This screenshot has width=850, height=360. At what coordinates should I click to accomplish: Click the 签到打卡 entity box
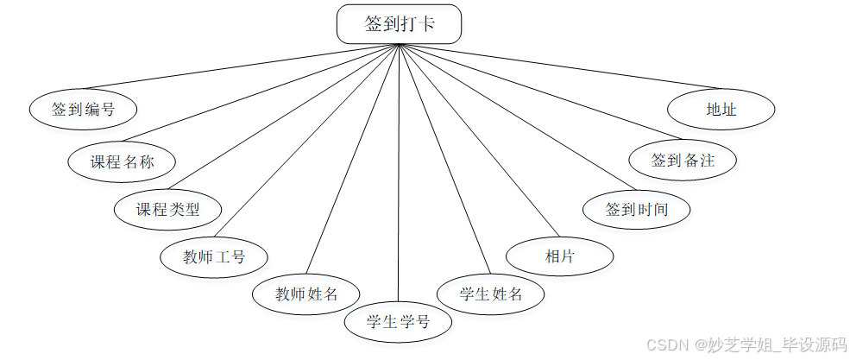tap(399, 24)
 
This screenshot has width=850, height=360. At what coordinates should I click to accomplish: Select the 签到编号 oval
tap(83, 110)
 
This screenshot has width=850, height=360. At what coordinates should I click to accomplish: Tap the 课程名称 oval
tap(122, 161)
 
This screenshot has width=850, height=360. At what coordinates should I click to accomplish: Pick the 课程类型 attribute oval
tap(168, 209)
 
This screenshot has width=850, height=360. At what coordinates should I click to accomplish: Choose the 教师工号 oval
tap(214, 256)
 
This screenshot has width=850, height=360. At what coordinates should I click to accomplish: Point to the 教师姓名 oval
tap(306, 294)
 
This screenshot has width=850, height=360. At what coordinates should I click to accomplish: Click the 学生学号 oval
tap(398, 323)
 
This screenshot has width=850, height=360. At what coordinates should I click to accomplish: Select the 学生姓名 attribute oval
tap(491, 294)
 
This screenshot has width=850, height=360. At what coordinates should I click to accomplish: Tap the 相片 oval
tap(559, 256)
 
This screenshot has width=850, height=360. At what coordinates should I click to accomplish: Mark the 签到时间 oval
tap(637, 209)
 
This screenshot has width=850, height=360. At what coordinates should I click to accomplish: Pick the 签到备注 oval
tap(683, 161)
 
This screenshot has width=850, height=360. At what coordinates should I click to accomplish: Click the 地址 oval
tap(721, 110)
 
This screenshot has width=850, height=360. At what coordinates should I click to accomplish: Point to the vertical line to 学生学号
tap(399, 173)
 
